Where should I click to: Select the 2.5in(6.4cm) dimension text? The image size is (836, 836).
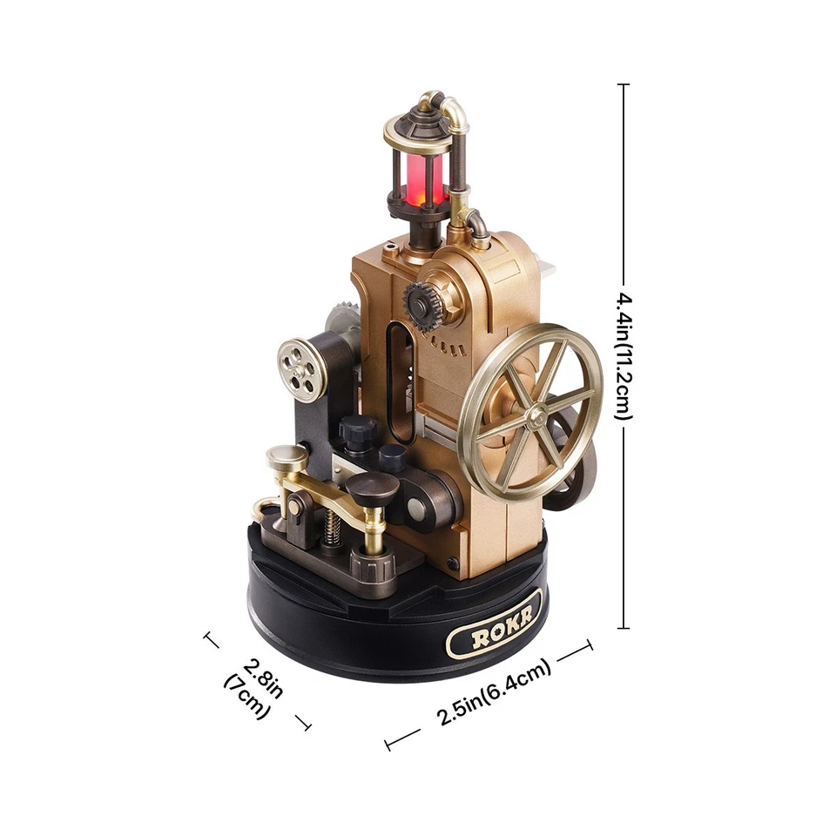[494, 691]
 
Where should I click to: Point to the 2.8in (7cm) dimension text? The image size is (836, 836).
[258, 686]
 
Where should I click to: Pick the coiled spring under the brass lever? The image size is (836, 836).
[331, 526]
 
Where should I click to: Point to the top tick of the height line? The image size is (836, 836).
[623, 84]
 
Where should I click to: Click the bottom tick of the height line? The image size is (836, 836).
[623, 627]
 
